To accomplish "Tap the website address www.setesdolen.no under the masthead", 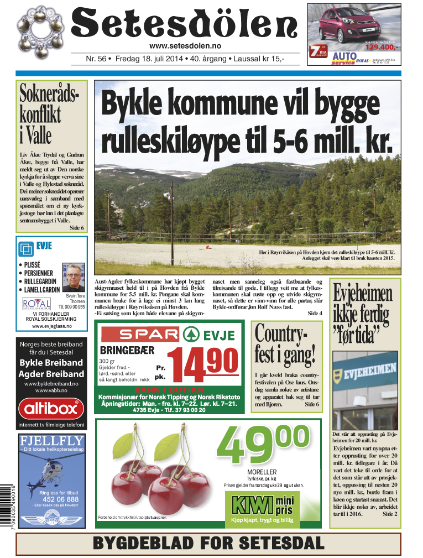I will click(x=185, y=46).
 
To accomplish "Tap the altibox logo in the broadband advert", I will click(x=51, y=409).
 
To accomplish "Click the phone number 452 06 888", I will click(x=60, y=499).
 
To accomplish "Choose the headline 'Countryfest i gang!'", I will click(x=285, y=343).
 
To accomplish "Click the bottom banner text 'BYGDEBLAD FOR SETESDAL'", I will click(x=208, y=543).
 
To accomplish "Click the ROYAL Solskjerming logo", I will click(x=36, y=304).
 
